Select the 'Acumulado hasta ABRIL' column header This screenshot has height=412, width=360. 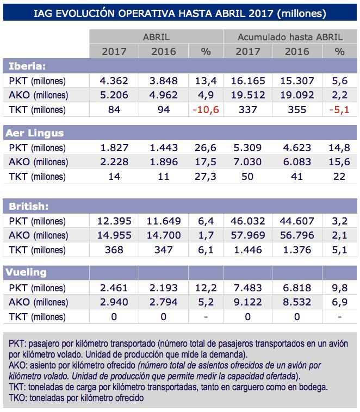click(x=290, y=37)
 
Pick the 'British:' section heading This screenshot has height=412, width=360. click(x=28, y=206)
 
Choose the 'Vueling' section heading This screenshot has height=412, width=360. click(x=26, y=272)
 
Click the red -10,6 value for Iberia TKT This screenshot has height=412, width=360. click(x=206, y=110)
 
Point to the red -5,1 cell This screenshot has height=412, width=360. click(x=339, y=110)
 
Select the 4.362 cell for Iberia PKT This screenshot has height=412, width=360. click(x=114, y=81)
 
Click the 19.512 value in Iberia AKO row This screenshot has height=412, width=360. click(x=248, y=95)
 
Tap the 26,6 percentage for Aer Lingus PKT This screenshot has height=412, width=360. click(x=206, y=148)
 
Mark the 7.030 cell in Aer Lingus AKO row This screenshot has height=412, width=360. click(x=248, y=162)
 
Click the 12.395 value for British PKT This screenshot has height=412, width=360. click(x=114, y=221)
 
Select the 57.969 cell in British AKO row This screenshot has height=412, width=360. click(x=248, y=235)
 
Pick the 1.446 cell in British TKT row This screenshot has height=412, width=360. click(x=248, y=249)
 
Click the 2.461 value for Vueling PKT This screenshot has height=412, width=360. click(x=114, y=288)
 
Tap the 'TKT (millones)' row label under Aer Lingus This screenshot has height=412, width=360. click(x=37, y=177)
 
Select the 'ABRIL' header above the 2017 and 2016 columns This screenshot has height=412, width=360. click(x=156, y=37)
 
